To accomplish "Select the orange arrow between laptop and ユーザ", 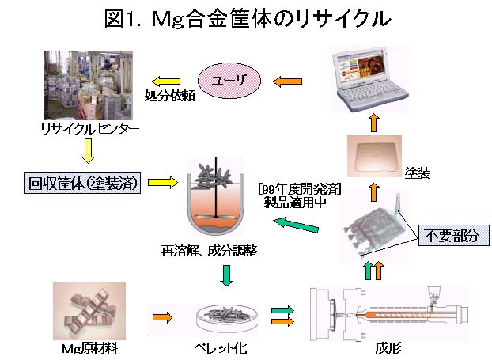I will pyautogui.click(x=288, y=80).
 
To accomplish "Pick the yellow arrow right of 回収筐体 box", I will pyautogui.click(x=161, y=184).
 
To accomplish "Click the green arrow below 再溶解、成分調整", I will pyautogui.click(x=226, y=275).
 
